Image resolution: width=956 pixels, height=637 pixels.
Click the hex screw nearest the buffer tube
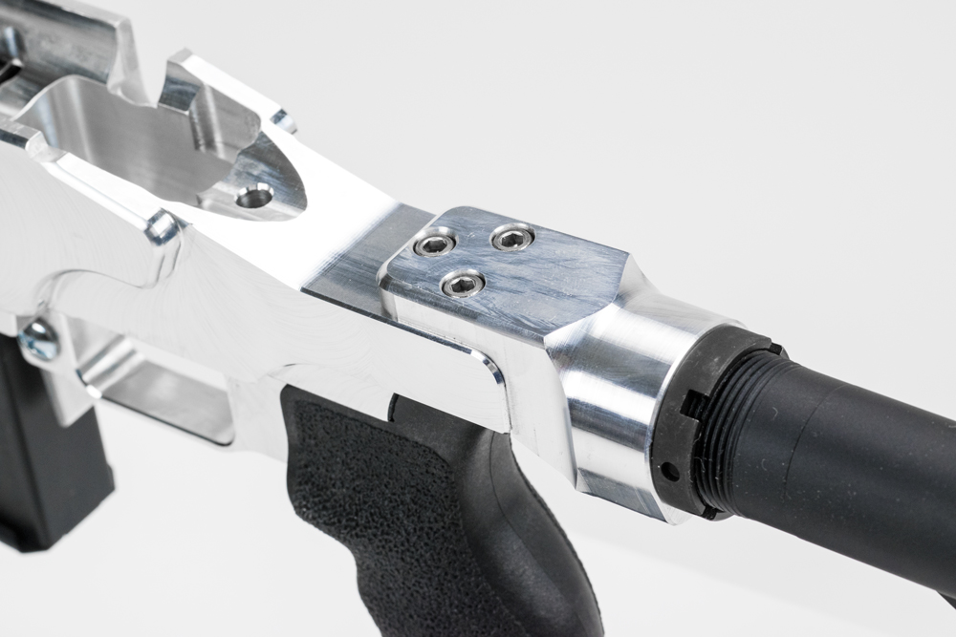point(513,237)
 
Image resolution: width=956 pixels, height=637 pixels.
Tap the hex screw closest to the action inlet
point(435,244)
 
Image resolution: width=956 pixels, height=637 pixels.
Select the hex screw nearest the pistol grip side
point(463,283)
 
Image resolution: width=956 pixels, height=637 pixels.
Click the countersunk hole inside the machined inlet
point(254,197)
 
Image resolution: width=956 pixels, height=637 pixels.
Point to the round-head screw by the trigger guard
point(38,338)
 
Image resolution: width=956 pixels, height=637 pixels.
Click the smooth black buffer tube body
point(860,449)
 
